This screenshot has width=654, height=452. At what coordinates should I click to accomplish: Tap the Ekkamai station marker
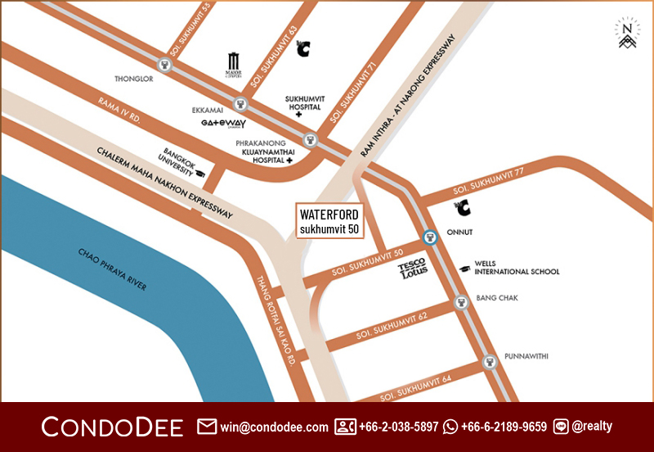tap(240, 104)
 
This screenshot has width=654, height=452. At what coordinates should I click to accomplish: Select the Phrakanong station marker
tap(310, 140)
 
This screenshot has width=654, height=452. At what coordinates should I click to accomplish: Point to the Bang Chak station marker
tap(461, 304)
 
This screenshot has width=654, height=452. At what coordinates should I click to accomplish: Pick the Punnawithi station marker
tap(489, 361)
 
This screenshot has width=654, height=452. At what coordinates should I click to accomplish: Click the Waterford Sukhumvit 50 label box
tap(329, 221)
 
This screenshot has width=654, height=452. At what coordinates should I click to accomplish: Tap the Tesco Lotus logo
tap(413, 270)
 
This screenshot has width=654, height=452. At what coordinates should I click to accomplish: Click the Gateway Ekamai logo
tap(223, 124)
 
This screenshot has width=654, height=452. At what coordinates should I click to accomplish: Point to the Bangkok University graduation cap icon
tap(199, 174)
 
